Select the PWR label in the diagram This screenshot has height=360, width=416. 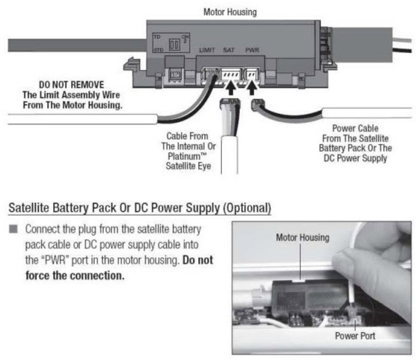click(253, 52)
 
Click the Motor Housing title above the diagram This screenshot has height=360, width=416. click(230, 11)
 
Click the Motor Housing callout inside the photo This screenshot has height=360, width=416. click(302, 238)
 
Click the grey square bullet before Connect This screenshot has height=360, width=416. click(15, 230)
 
